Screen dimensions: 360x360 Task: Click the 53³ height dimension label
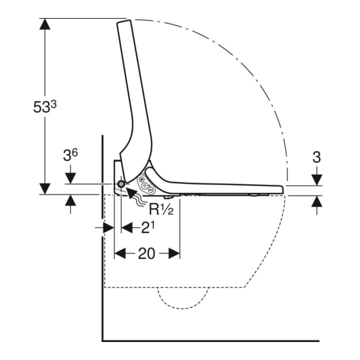(45, 107)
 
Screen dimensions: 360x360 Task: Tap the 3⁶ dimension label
(70, 155)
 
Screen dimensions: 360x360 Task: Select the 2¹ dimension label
(147, 228)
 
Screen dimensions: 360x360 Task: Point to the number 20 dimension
(147, 253)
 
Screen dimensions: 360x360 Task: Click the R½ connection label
(161, 209)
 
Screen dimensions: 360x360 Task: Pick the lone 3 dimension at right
(316, 157)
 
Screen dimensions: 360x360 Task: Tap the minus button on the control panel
(151, 190)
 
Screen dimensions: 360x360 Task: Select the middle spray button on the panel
(145, 185)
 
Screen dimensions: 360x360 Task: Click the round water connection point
(121, 184)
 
